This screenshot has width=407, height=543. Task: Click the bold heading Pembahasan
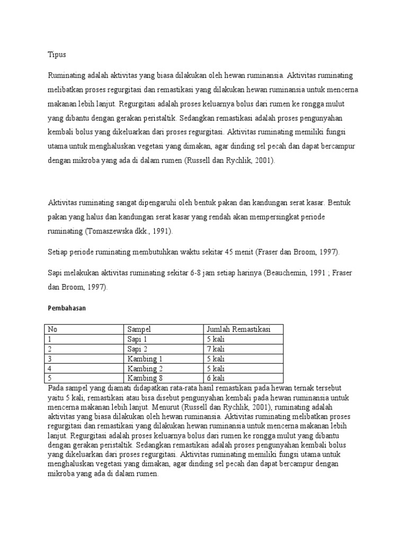point(66,307)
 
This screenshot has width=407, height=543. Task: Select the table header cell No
point(52,329)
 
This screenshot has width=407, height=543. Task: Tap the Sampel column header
point(139,329)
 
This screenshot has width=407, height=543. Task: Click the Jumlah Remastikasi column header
point(239,329)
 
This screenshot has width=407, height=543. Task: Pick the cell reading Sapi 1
point(138,339)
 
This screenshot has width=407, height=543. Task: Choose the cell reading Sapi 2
point(138,349)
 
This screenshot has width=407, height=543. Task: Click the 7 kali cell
point(216,349)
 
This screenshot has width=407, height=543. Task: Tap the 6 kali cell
point(216,378)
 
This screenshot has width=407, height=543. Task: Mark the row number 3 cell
point(50,358)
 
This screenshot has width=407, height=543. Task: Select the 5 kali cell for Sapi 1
point(216,339)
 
